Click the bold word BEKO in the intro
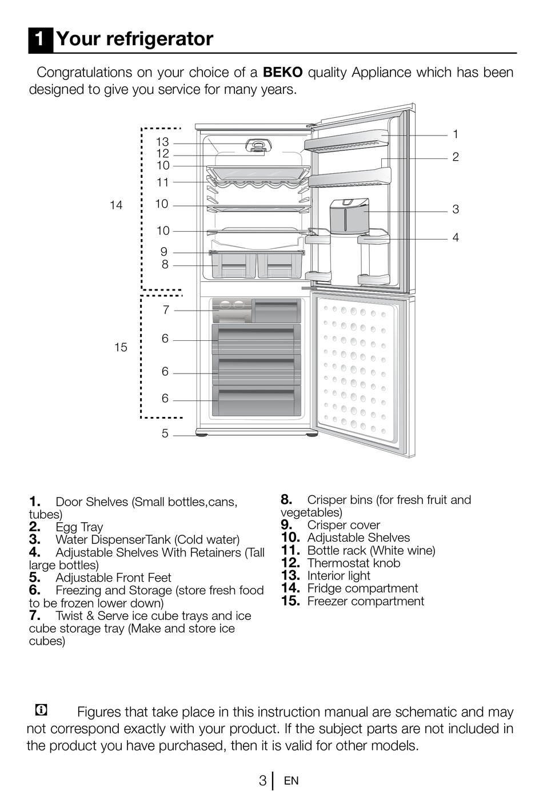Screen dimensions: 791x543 [282, 73]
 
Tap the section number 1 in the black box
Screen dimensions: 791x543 [40, 39]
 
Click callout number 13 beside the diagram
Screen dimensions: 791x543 [162, 142]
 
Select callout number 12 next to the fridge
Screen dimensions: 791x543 [162, 153]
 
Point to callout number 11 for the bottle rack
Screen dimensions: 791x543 [163, 182]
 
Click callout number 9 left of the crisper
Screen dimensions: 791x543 [164, 252]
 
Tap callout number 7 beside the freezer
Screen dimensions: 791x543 [166, 310]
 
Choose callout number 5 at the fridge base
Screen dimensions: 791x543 [165, 434]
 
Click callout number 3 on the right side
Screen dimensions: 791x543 [456, 209]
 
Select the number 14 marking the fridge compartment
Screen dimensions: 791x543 [116, 205]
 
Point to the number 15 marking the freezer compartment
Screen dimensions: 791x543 [121, 347]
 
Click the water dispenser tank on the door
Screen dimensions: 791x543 [349, 216]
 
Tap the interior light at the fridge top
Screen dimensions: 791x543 [258, 145]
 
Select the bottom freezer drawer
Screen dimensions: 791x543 [256, 401]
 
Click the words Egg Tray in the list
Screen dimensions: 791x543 [79, 527]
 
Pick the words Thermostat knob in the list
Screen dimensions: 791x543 [353, 563]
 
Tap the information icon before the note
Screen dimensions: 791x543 [41, 710]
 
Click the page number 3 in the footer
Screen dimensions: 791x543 [262, 781]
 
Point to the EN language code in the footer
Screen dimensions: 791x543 [291, 781]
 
